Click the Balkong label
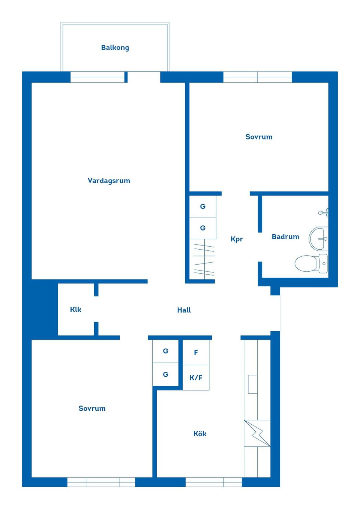(115, 48)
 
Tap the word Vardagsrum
(109, 181)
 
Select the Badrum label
(285, 237)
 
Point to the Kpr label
(237, 239)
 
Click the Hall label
(184, 310)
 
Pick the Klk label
(75, 310)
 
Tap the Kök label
(199, 434)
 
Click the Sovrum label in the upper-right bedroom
(259, 137)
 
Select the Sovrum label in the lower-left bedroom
(92, 409)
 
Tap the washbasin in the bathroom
(318, 239)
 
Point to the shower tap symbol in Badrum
(324, 213)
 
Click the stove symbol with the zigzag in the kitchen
(257, 433)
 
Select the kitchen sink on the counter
(253, 384)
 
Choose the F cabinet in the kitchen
(196, 352)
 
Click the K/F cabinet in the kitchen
(196, 377)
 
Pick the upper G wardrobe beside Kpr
(202, 207)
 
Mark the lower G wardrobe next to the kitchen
(165, 374)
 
